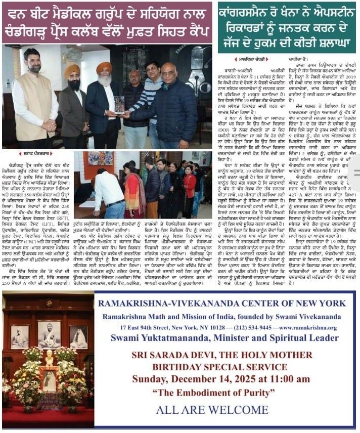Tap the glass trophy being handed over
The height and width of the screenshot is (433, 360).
point(120,104)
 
